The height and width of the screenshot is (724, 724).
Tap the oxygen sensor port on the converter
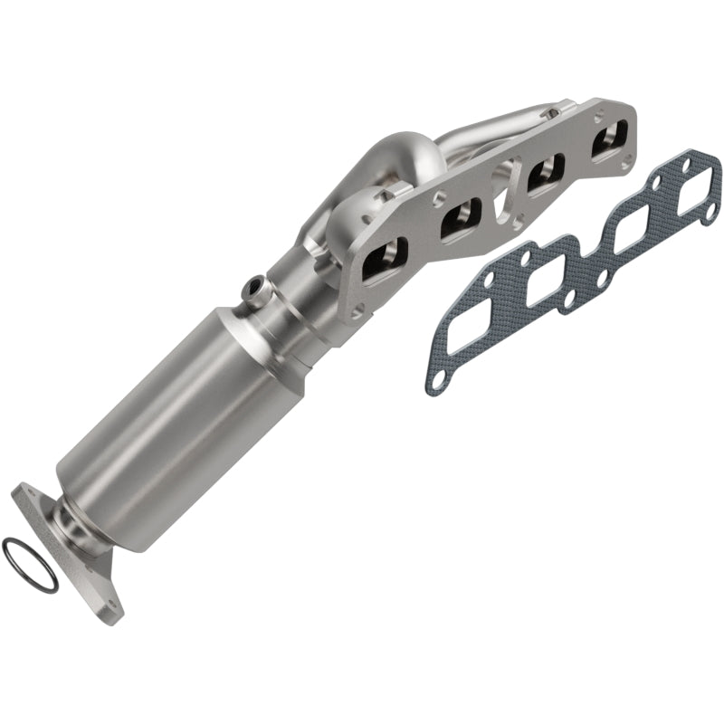(255, 290)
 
